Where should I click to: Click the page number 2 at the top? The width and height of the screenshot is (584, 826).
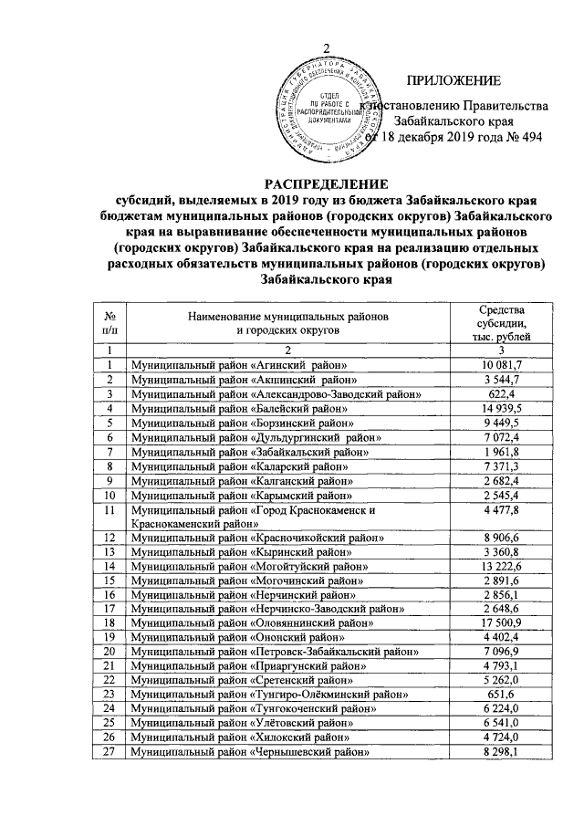point(326,47)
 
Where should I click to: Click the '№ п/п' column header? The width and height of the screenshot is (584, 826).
point(109,323)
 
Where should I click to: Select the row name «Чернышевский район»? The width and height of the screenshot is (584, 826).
point(312,751)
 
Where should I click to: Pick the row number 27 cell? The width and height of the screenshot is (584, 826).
point(109,751)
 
